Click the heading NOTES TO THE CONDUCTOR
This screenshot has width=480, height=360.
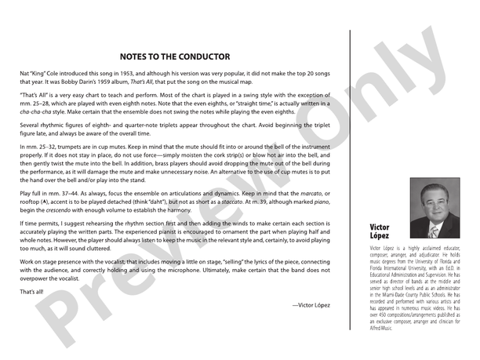(x=174, y=56)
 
